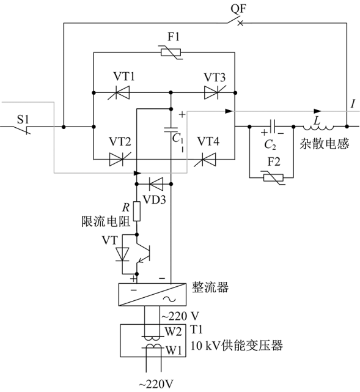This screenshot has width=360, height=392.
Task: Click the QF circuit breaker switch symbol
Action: click(x=235, y=21)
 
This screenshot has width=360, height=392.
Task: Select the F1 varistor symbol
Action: click(x=171, y=53)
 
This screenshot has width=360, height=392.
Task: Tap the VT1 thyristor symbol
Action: click(x=119, y=93)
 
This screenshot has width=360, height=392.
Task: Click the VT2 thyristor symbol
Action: click(x=120, y=159)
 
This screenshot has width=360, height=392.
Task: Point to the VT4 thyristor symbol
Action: click(x=205, y=159)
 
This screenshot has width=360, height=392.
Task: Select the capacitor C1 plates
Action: click(x=171, y=130)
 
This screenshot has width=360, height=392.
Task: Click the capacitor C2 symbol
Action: click(x=273, y=127)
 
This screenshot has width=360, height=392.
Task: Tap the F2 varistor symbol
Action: click(x=273, y=178)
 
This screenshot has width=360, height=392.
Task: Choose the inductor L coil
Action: click(x=318, y=128)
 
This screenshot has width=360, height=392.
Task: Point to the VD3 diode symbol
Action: click(x=156, y=184)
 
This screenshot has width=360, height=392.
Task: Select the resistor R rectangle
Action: click(x=137, y=211)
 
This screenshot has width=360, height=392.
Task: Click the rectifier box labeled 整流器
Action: click(x=152, y=295)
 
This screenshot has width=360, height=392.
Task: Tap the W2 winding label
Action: click(x=173, y=331)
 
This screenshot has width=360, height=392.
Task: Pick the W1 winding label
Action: click(x=174, y=350)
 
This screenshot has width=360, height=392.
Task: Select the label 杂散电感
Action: click(x=325, y=144)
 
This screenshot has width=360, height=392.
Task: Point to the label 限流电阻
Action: click(x=106, y=221)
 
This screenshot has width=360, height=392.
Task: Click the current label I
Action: click(x=353, y=103)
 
